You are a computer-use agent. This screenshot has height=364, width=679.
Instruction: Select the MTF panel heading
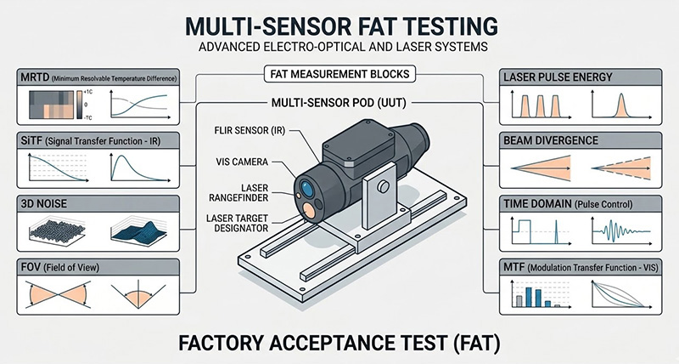tap(585, 266)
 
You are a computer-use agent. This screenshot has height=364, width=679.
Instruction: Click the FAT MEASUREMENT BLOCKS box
tap(339, 74)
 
